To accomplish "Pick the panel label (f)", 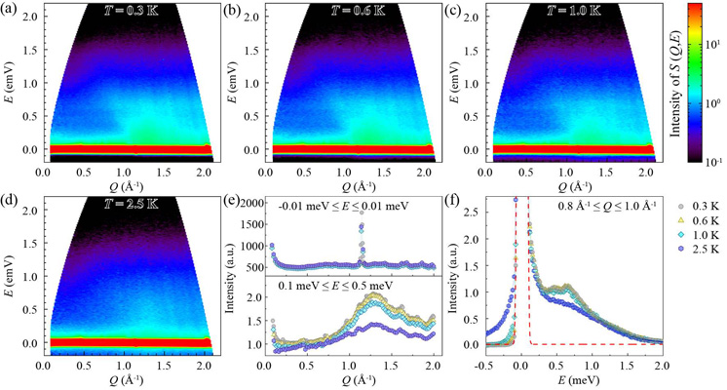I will click(456, 205).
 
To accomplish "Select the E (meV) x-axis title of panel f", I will click(574, 381).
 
